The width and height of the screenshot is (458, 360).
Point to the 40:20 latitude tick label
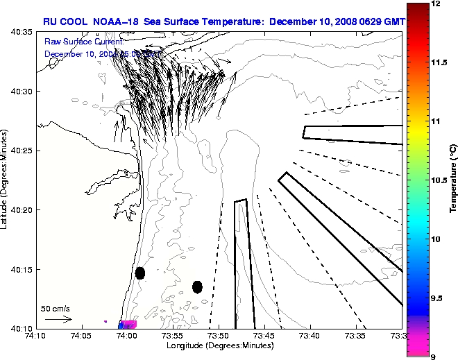click(22, 209)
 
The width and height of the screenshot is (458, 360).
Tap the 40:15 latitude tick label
click(22, 269)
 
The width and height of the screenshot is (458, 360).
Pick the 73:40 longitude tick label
click(310, 336)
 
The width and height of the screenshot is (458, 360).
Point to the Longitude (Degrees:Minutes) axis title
click(218, 345)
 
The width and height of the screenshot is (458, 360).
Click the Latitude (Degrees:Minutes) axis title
click(6, 179)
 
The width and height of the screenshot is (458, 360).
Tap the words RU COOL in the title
click(65, 22)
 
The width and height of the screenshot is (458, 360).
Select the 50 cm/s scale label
click(56, 308)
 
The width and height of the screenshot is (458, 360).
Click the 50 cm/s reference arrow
click(58, 320)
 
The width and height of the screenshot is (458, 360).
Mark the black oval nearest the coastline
click(140, 273)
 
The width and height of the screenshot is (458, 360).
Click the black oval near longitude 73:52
click(197, 286)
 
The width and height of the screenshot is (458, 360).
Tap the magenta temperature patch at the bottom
click(129, 324)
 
